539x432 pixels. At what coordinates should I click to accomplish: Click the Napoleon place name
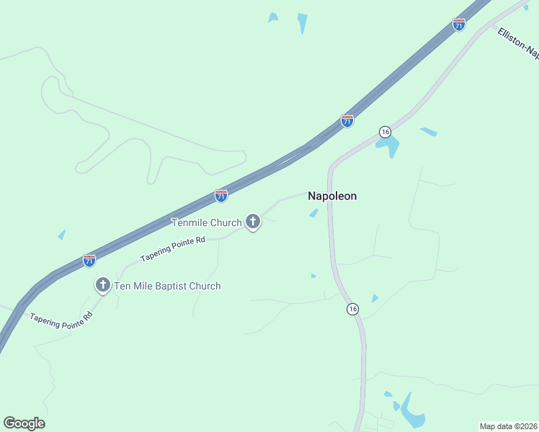(x=332, y=196)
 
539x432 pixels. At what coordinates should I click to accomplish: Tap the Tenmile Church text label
(x=206, y=222)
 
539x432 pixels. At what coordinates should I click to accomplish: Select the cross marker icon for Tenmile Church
(x=253, y=222)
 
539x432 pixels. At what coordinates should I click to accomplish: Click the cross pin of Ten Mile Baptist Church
(x=102, y=285)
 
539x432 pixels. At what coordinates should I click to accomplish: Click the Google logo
(x=24, y=423)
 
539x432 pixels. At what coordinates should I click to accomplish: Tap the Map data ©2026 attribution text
(x=509, y=426)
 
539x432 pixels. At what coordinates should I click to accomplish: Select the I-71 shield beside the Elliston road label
(x=459, y=24)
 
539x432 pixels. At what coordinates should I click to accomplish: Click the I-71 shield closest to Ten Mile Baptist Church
(x=89, y=261)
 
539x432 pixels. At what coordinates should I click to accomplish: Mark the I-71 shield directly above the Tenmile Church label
(x=221, y=196)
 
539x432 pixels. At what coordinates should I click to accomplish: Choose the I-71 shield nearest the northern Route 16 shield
(x=347, y=121)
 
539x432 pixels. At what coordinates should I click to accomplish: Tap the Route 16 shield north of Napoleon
(x=385, y=132)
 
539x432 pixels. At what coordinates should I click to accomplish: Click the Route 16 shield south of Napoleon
(x=352, y=309)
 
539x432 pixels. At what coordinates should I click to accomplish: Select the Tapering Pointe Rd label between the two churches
(x=173, y=248)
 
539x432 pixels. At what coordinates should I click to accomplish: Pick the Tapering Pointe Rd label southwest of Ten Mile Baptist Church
(x=61, y=317)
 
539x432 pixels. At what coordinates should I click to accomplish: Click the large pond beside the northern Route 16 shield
(x=390, y=148)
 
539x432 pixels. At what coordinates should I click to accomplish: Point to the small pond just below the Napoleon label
(x=313, y=212)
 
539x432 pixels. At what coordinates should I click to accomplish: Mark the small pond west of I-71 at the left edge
(x=61, y=235)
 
